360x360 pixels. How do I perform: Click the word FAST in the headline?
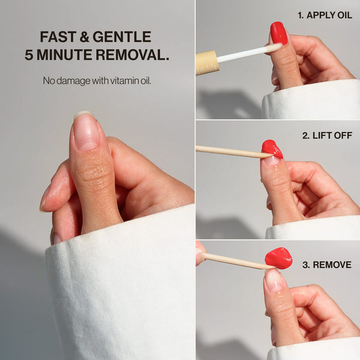pyautogui.click(x=58, y=37)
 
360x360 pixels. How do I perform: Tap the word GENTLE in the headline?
pyautogui.click(x=122, y=37)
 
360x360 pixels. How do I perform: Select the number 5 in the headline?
pyautogui.click(x=29, y=55)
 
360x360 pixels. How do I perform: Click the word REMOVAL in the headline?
pyautogui.click(x=132, y=55)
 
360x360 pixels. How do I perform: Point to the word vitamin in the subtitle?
pyautogui.click(x=124, y=80)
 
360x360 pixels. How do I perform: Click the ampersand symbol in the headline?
pyautogui.click(x=84, y=37)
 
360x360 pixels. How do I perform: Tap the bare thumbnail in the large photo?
pyautogui.click(x=86, y=131)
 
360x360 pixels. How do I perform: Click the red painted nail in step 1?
pyautogui.click(x=279, y=33)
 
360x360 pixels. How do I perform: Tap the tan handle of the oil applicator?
pyautogui.click(x=206, y=63)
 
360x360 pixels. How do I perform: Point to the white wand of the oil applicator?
pyautogui.click(x=249, y=53)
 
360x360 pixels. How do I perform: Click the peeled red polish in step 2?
pyautogui.click(x=272, y=149)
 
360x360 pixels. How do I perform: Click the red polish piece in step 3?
pyautogui.click(x=278, y=258)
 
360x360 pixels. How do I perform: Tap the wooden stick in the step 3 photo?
pyautogui.click(x=239, y=261)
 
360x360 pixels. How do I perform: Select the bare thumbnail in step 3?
pyautogui.click(x=274, y=281)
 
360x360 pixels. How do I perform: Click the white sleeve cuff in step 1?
pyautogui.click(x=311, y=100)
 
